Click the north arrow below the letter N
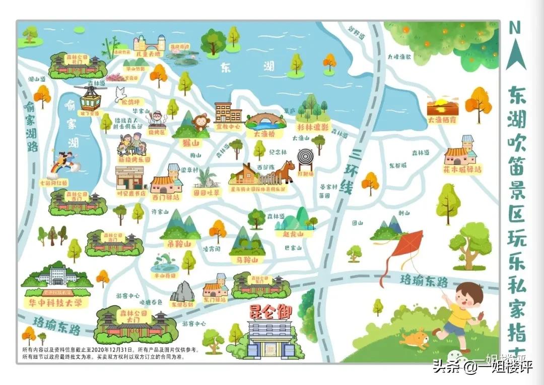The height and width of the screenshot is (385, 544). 516,54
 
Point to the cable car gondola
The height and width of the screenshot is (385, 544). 90,99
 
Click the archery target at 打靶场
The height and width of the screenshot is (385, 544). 305,157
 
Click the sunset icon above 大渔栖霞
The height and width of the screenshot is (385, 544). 442,107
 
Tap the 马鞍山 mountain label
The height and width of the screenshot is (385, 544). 247,260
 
